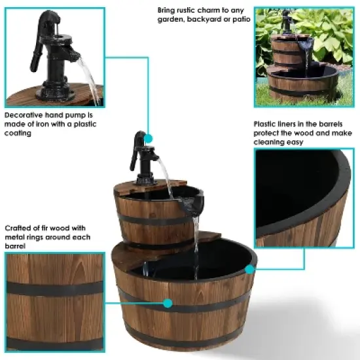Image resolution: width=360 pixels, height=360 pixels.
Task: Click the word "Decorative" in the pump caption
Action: tap(23, 115)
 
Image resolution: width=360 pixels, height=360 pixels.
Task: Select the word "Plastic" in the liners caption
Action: tap(269, 123)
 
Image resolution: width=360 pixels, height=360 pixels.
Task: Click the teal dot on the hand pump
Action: tap(149, 138)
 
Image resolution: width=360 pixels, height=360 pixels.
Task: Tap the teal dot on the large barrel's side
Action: tap(168, 303)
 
